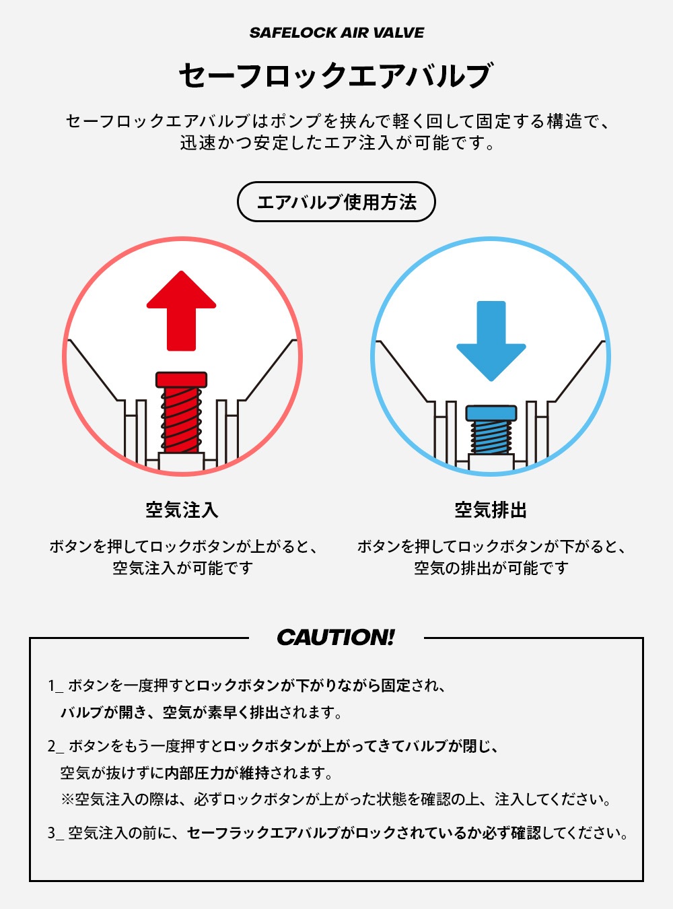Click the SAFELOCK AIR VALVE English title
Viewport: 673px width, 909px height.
pyautogui.click(x=336, y=33)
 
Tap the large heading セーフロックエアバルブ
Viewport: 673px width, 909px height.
pyautogui.click(x=336, y=76)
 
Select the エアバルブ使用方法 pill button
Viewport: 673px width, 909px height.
pyautogui.click(x=336, y=202)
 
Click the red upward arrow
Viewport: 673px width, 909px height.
pyautogui.click(x=182, y=310)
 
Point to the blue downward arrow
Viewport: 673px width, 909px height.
pyautogui.click(x=491, y=341)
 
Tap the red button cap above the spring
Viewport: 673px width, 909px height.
pyautogui.click(x=182, y=380)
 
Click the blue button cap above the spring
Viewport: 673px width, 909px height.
pyautogui.click(x=491, y=413)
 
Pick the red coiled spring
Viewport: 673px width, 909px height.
pyautogui.click(x=182, y=420)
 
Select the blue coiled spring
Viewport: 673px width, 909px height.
pyautogui.click(x=491, y=437)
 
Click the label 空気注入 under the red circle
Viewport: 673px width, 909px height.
pyautogui.click(x=182, y=510)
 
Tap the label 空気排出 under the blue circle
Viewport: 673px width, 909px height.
pyautogui.click(x=491, y=510)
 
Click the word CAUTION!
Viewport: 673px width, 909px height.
pyautogui.click(x=336, y=637)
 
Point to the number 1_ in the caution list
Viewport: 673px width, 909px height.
pyautogui.click(x=55, y=685)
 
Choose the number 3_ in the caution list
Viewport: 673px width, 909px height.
pyautogui.click(x=56, y=833)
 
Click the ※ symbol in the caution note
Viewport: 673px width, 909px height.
pyautogui.click(x=67, y=799)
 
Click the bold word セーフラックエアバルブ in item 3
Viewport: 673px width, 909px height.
pyautogui.click(x=263, y=833)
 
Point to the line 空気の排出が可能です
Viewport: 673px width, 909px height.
pyautogui.click(x=491, y=568)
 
